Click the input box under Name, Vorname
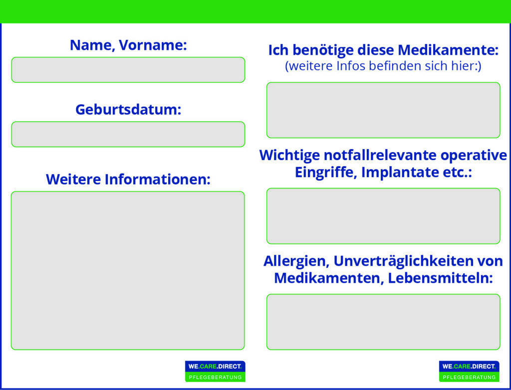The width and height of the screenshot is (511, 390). [128, 70]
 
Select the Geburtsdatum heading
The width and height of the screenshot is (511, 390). [128, 110]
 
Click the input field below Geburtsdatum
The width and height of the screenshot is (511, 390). [128, 134]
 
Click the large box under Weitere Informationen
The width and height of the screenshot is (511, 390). [128, 270]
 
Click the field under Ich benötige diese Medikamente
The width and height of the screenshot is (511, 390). [383, 110]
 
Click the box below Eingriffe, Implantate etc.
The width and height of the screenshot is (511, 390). [383, 216]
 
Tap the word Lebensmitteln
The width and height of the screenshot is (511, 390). [440, 278]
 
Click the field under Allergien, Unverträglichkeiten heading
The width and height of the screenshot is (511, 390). [383, 322]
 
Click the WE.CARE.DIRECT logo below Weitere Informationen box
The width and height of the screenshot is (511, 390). [215, 371]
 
